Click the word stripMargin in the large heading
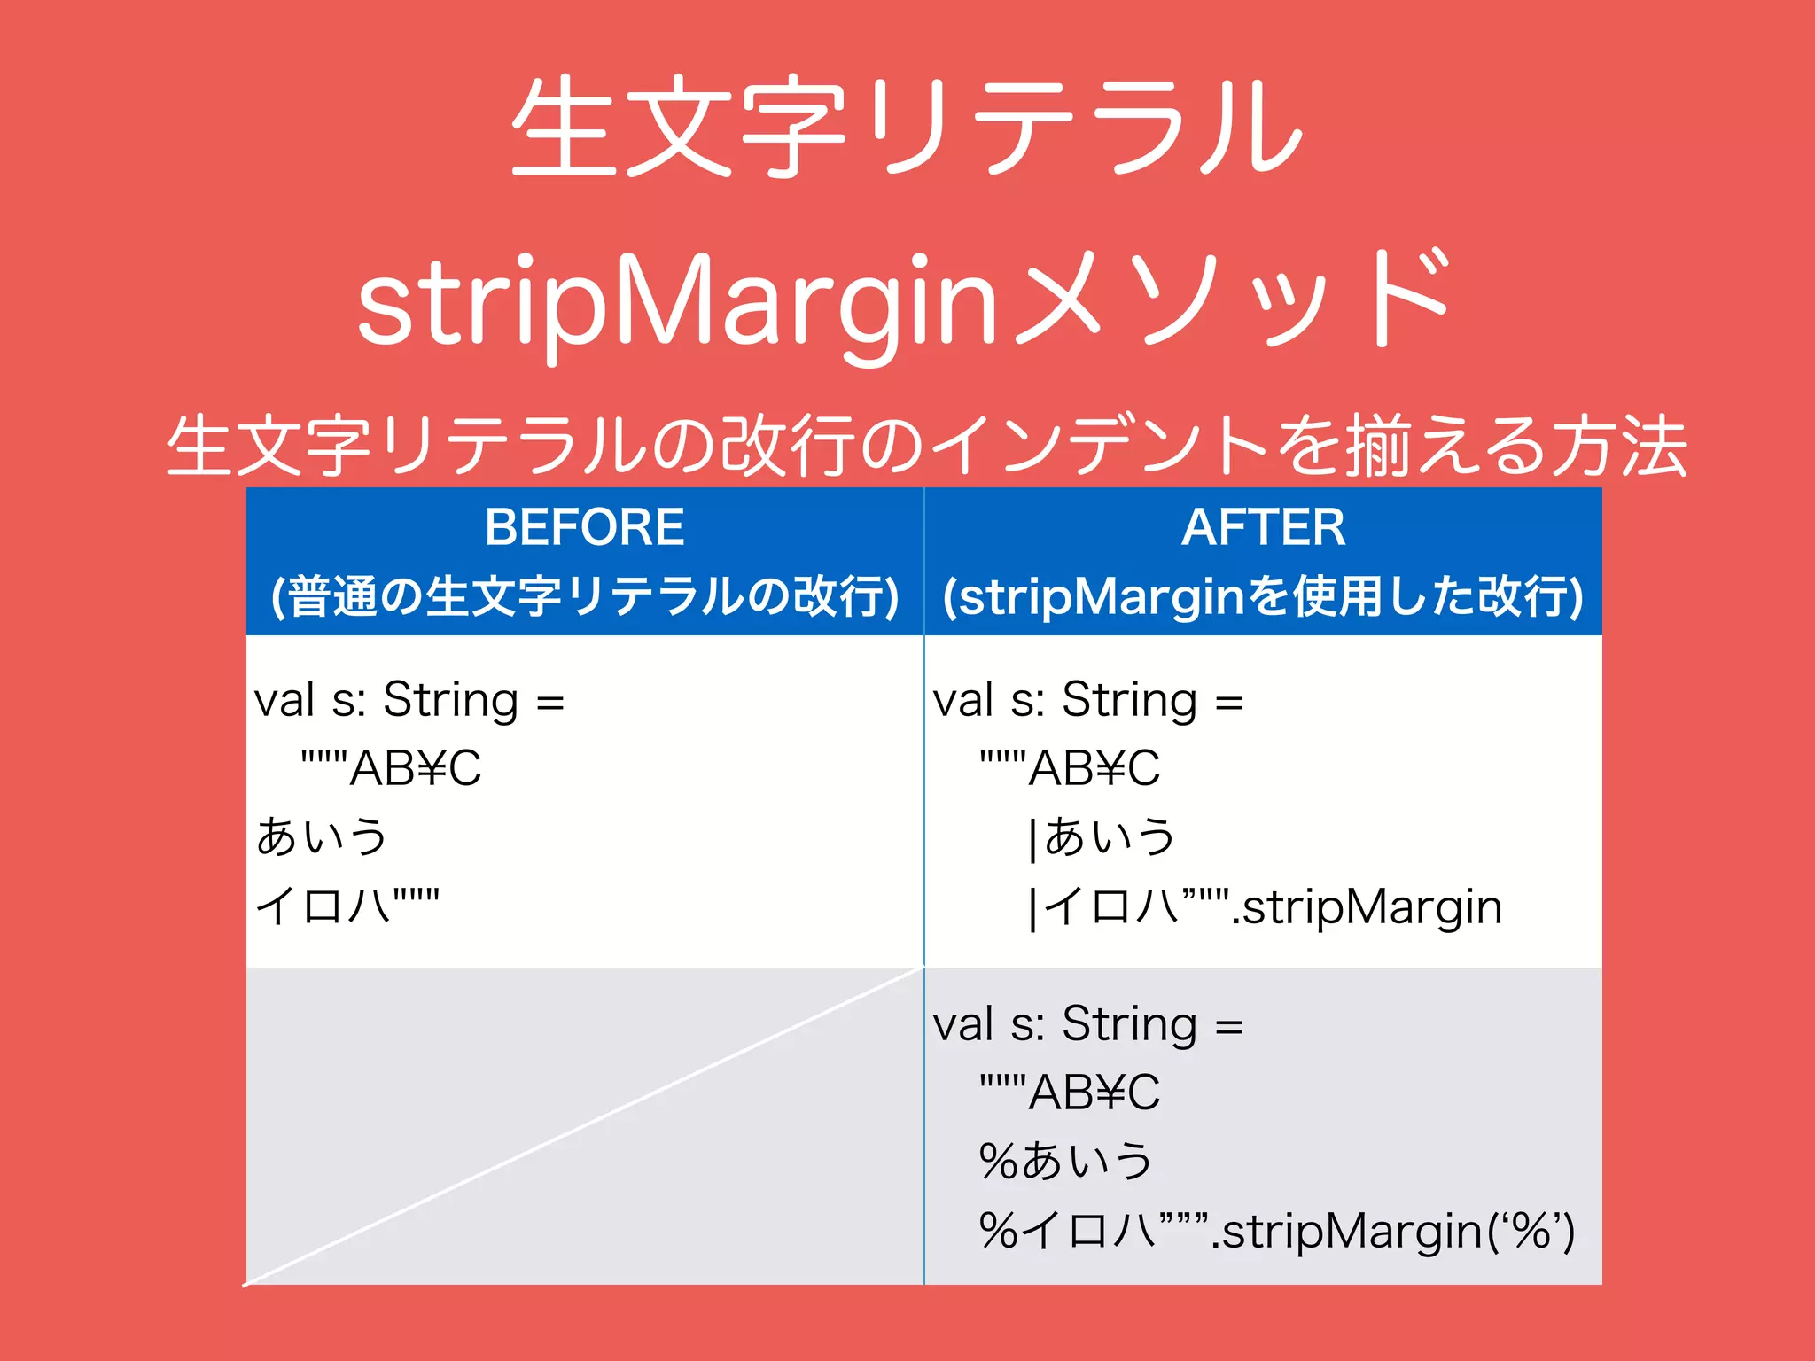(678, 301)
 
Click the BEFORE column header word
(584, 527)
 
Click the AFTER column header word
(1263, 527)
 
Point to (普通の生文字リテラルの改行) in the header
(584, 596)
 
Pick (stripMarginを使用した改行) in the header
(1263, 596)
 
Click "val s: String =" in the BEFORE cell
(409, 701)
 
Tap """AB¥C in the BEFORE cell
(391, 767)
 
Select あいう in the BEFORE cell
(322, 836)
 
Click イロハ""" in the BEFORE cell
(347, 906)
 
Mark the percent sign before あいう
(999, 1161)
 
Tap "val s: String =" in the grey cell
(1087, 1025)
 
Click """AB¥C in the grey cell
(1070, 1092)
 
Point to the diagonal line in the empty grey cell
(584, 1125)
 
